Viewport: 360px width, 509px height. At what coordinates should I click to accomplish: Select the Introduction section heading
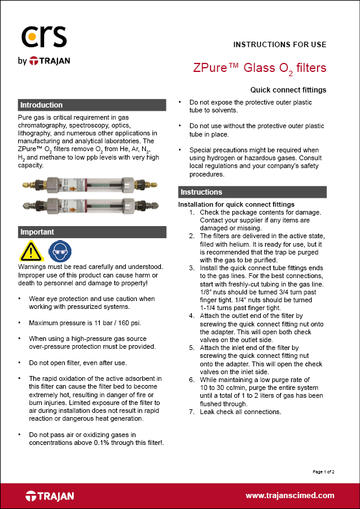tap(41, 105)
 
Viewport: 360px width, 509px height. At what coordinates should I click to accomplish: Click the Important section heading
tap(38, 232)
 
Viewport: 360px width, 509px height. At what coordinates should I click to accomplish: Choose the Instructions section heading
tap(202, 192)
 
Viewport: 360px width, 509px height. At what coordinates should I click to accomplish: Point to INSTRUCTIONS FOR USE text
tap(280, 45)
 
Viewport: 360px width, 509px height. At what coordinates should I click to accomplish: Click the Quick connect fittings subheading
tap(288, 90)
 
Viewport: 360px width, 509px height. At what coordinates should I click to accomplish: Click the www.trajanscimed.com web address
tap(289, 496)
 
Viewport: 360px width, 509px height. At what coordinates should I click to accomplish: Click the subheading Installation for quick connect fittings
tap(236, 204)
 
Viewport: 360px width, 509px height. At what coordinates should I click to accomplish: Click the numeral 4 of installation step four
tap(192, 314)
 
